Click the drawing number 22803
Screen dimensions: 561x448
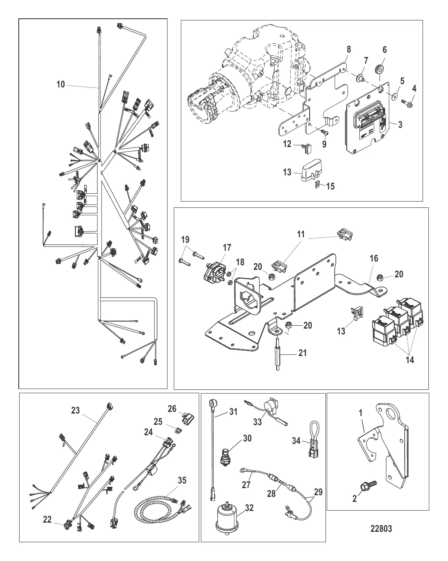tap(381, 528)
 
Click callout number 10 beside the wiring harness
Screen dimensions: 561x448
tap(61, 85)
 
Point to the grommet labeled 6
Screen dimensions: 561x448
tap(379, 69)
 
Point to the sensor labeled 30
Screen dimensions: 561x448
tap(225, 457)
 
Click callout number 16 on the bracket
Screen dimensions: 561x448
tap(374, 259)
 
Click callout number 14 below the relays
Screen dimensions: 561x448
tap(410, 359)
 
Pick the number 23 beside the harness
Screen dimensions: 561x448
tap(75, 411)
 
